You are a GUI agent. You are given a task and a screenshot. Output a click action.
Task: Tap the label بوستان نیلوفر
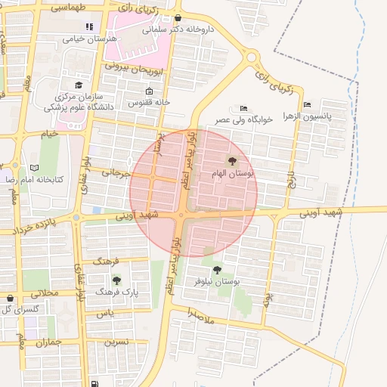(237, 280)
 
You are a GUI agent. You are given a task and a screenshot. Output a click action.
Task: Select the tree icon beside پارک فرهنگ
(116, 280)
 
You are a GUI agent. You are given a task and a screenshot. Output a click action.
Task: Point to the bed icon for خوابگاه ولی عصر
(243, 108)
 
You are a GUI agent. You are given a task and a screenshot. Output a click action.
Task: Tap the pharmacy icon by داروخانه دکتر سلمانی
(178, 18)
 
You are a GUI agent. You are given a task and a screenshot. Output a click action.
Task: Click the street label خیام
(49, 134)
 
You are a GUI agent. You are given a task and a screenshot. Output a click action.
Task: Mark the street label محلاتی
(42, 293)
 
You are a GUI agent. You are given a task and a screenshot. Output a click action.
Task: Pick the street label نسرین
(116, 342)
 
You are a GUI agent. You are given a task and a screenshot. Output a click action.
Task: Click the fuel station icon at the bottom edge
(94, 383)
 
